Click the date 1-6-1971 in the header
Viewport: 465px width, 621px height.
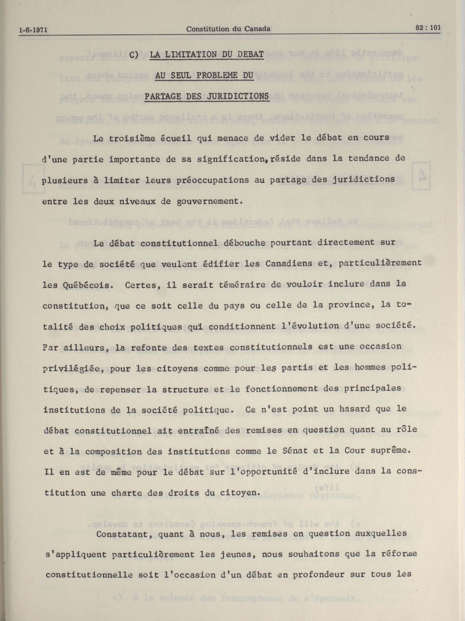33,30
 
